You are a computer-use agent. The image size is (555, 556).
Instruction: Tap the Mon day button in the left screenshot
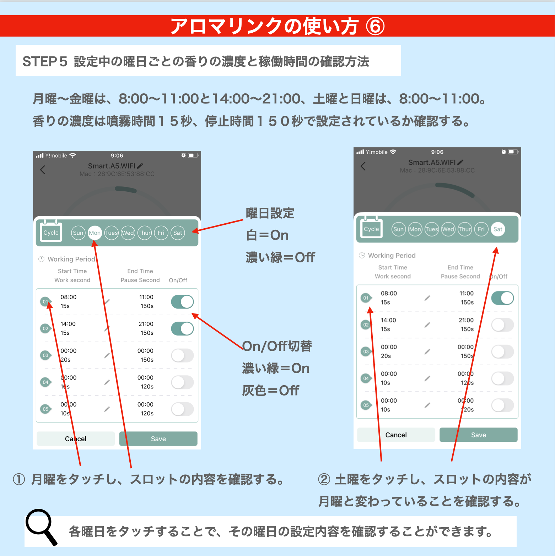pos(95,233)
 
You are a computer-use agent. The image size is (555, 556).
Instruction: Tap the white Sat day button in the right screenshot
pos(498,229)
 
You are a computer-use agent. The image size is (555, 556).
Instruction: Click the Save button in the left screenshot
pos(158,439)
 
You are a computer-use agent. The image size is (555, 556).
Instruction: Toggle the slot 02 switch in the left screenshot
pos(182,329)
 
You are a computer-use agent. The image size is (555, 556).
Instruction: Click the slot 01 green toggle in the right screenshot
pos(502,298)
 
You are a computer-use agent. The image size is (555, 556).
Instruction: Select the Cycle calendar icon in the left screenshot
pos(51,231)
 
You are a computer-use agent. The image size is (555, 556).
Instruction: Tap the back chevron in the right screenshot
pos(363,166)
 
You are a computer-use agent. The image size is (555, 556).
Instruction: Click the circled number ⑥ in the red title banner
pos(375,27)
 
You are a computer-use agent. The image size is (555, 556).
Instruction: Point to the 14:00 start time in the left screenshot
pos(68,324)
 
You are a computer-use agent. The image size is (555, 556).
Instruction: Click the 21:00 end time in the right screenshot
pos(466,320)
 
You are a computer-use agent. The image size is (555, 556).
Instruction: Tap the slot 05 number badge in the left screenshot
pos(45,409)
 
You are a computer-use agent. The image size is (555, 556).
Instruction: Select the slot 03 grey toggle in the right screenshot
pos(502,352)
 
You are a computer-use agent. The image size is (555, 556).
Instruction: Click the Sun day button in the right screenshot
pos(398,229)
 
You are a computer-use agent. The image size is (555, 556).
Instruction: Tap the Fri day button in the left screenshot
pos(161,233)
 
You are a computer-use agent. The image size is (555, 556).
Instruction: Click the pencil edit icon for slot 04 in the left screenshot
pos(107,382)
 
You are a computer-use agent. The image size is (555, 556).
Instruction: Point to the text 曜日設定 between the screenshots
pos(270,213)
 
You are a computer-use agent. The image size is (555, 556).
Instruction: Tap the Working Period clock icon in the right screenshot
pos(362,255)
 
